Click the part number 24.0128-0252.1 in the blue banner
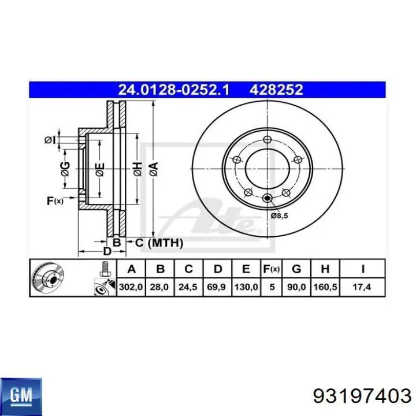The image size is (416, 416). click(x=173, y=90)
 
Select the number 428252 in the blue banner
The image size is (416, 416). click(x=276, y=90)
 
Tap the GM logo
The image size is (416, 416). click(x=21, y=395)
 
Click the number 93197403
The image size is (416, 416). click(x=362, y=396)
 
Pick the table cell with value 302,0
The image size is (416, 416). click(x=131, y=287)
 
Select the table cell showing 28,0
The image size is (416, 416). click(x=159, y=287)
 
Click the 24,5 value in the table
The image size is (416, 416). click(x=188, y=287)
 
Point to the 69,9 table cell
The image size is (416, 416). click(x=217, y=287)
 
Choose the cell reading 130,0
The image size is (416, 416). click(x=246, y=287)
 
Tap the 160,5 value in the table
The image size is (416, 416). click(x=325, y=287)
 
